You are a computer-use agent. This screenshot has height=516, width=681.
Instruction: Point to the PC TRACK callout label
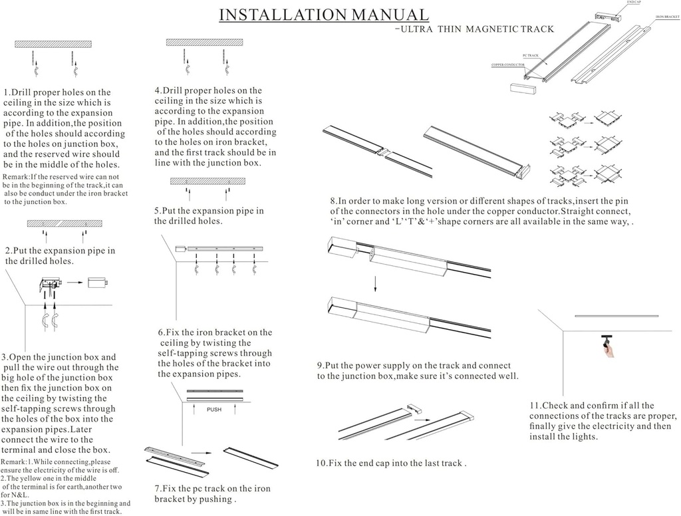(x=529, y=57)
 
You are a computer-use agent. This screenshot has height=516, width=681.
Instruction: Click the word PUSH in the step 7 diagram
(x=214, y=410)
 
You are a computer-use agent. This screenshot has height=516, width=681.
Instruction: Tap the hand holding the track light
(x=608, y=352)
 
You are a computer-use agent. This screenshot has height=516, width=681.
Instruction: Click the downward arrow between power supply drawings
(x=374, y=283)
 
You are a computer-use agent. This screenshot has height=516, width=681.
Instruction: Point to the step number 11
(x=535, y=406)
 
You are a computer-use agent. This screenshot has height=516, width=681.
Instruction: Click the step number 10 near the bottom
(x=321, y=463)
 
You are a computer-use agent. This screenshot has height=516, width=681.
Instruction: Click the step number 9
(x=320, y=366)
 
